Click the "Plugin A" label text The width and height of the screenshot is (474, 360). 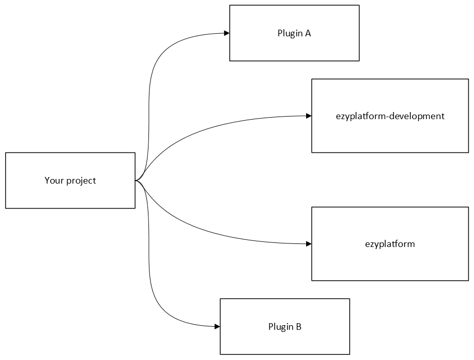(x=294, y=34)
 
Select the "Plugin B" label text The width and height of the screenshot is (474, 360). (x=285, y=327)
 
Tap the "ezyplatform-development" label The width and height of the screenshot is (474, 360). (x=390, y=116)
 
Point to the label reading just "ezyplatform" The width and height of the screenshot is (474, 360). (x=390, y=244)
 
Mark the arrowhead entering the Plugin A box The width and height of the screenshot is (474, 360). (x=226, y=34)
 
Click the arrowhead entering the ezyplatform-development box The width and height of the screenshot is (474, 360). (x=309, y=116)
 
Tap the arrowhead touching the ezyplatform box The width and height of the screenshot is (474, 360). (x=309, y=244)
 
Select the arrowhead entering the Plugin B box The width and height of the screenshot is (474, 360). (x=217, y=326)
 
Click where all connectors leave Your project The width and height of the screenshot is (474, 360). (x=136, y=181)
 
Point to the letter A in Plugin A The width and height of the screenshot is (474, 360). (x=308, y=34)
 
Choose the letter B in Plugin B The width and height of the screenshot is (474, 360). (x=298, y=327)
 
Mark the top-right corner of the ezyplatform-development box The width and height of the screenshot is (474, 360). (x=468, y=79)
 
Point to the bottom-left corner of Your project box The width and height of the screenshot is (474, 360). (x=6, y=208)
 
